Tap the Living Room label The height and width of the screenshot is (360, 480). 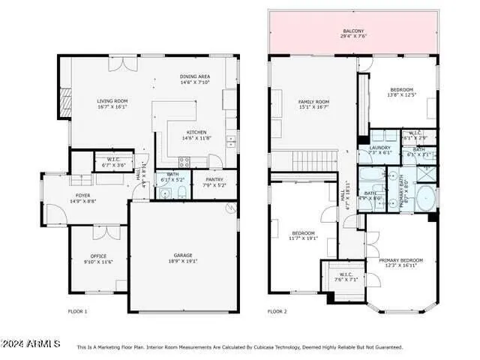(x=112, y=100)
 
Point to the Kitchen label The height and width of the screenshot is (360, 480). (x=196, y=132)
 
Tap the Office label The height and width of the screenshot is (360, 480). (x=98, y=256)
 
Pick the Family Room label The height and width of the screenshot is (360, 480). (x=313, y=101)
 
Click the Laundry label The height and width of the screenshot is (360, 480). (x=380, y=148)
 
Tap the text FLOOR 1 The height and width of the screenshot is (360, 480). (x=77, y=310)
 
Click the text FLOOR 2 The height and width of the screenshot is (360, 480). (x=277, y=310)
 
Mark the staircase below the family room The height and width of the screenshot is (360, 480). (x=314, y=160)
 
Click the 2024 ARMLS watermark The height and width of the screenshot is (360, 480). (x=30, y=343)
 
